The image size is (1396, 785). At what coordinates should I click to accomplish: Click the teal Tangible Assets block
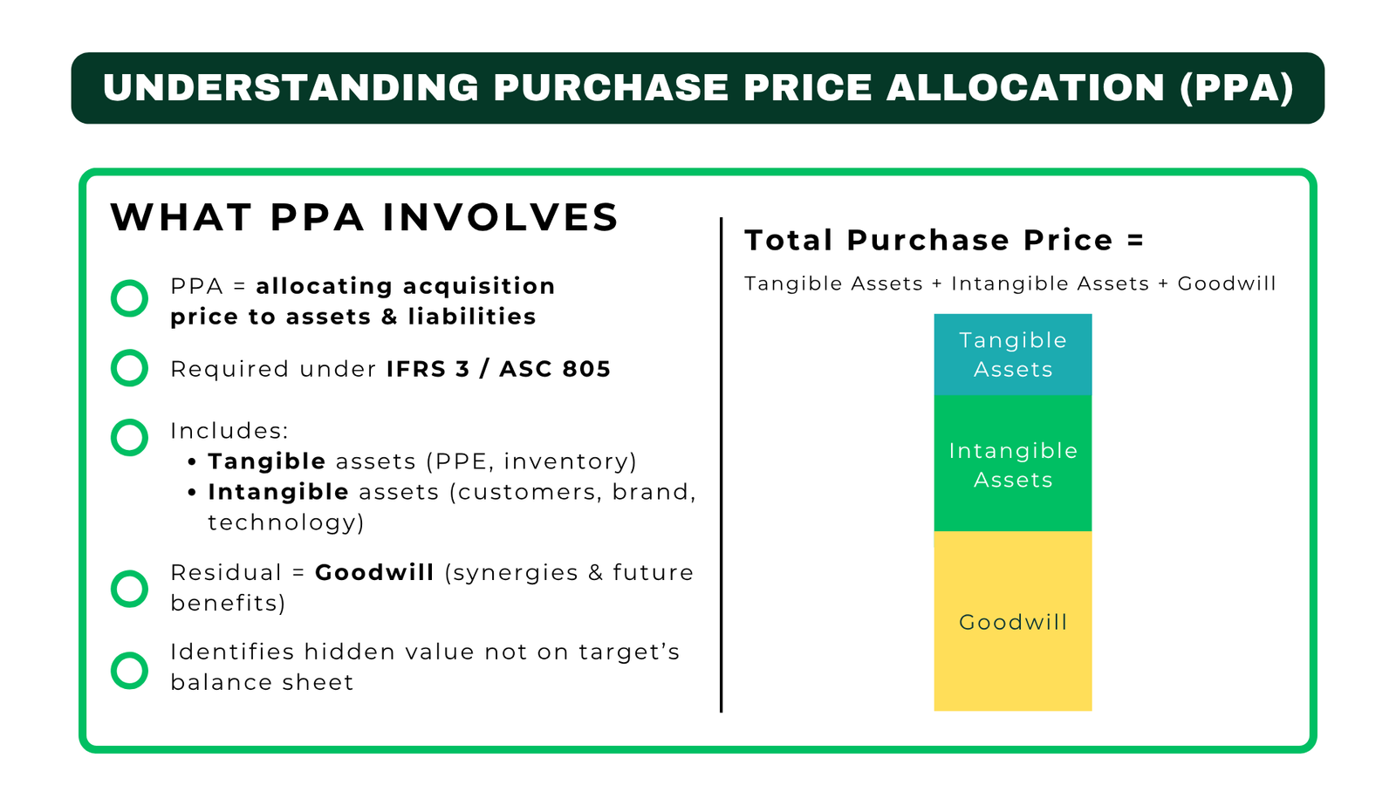(x=1012, y=354)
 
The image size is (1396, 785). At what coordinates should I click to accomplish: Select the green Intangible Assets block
(x=1012, y=464)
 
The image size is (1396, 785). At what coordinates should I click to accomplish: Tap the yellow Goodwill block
(x=1012, y=622)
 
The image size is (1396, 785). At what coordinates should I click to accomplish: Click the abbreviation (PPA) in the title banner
(x=1237, y=88)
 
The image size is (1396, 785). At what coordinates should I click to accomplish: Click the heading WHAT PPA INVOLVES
(x=365, y=217)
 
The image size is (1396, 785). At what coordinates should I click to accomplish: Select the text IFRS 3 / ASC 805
(x=498, y=369)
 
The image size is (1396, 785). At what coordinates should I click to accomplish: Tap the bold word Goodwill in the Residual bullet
(x=374, y=573)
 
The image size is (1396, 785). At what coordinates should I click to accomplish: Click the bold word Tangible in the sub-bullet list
(x=267, y=461)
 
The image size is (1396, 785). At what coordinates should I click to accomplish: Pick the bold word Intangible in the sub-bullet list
(x=278, y=492)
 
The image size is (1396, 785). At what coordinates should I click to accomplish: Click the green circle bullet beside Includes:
(x=130, y=437)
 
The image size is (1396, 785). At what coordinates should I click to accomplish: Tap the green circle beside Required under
(x=130, y=368)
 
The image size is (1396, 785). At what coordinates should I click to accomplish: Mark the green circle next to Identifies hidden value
(x=130, y=670)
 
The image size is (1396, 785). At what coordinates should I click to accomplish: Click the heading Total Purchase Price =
(x=944, y=240)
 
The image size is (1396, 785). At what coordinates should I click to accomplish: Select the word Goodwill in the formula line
(x=1226, y=283)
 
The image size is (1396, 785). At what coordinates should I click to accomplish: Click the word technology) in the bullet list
(x=286, y=522)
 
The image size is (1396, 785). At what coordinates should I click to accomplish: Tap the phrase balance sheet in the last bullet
(x=262, y=682)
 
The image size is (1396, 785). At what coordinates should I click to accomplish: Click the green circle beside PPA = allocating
(x=130, y=298)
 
